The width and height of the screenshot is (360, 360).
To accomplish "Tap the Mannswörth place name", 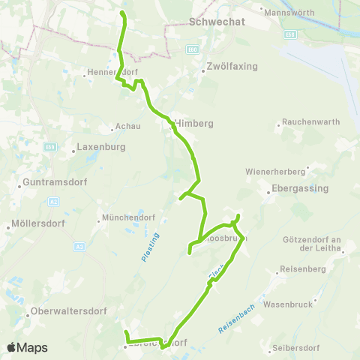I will [x=285, y=11].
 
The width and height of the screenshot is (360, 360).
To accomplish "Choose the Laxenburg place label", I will [x=103, y=148].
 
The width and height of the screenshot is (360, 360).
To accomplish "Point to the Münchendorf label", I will [x=124, y=219].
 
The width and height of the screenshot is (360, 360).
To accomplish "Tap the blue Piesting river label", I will [x=147, y=247].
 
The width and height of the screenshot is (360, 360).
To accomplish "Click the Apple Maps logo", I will [x=27, y=347].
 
